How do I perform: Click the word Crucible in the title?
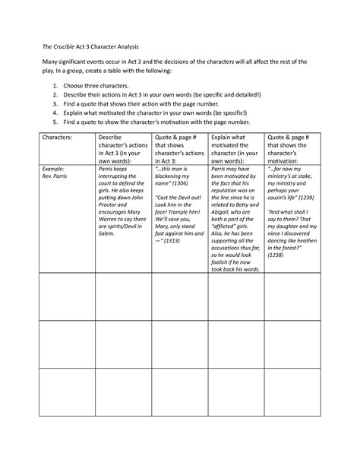pos(62,47)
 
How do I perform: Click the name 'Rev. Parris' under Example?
pos(58,176)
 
